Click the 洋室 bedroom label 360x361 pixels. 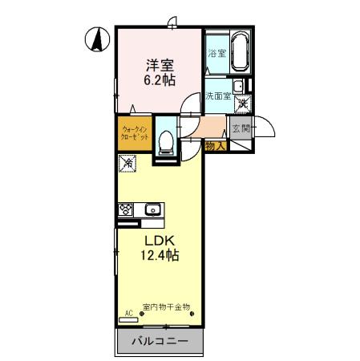coord(159,63)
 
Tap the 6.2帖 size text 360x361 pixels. coord(160,80)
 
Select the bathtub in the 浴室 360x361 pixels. coord(240,53)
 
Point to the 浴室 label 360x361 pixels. coord(215,54)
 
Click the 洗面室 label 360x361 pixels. coord(217,96)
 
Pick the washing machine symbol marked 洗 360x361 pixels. coord(241,103)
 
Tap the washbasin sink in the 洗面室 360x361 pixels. coord(238,86)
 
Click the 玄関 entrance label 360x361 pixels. coord(241,127)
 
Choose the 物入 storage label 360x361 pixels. coord(215,146)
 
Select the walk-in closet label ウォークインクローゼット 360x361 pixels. coord(134,132)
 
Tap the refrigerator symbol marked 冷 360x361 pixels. coord(128,164)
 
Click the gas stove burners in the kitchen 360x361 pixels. coord(126,210)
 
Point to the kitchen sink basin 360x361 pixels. coord(152,210)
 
